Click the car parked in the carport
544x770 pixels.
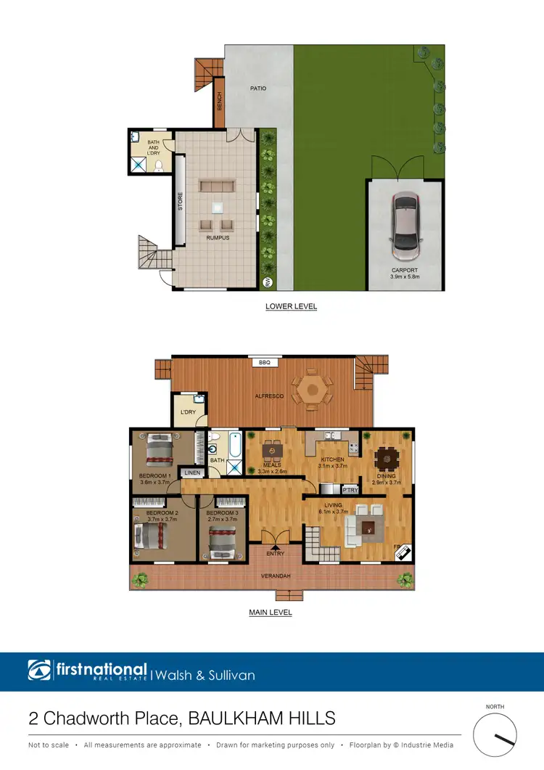pyautogui.click(x=405, y=226)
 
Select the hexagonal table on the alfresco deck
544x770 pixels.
pyautogui.click(x=313, y=390)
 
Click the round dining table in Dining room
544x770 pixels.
pyautogui.click(x=385, y=458)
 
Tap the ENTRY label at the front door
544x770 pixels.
pyautogui.click(x=274, y=554)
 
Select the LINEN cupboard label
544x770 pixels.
pyautogui.click(x=191, y=472)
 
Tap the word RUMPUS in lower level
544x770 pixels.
pyautogui.click(x=217, y=237)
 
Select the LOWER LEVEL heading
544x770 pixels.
pyautogui.click(x=291, y=306)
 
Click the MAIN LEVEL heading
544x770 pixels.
pyautogui.click(x=271, y=613)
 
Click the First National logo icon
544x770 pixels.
pyautogui.click(x=40, y=671)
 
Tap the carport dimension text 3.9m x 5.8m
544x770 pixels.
pyautogui.click(x=405, y=277)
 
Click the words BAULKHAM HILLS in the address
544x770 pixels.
pyautogui.click(x=262, y=718)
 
